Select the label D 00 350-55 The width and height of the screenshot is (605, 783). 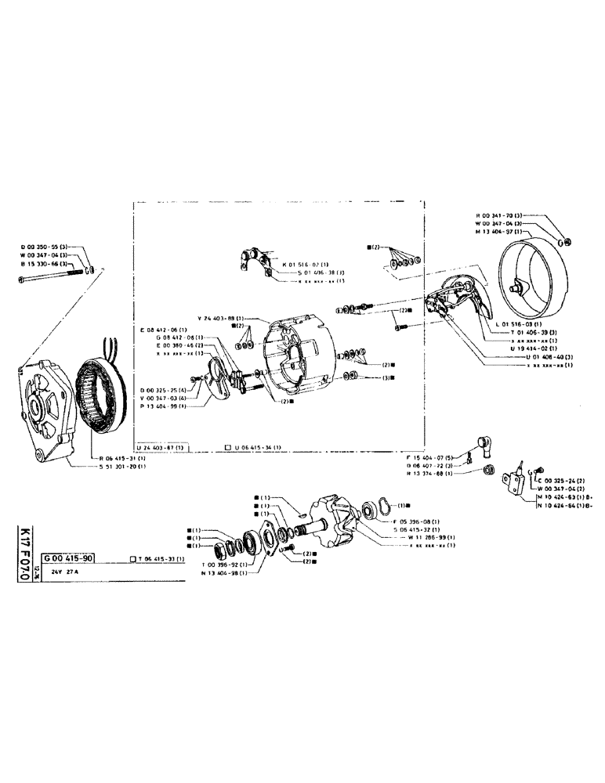[x=47, y=247]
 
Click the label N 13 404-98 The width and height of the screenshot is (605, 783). [x=224, y=572]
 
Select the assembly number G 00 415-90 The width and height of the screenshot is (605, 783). [x=70, y=557]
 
